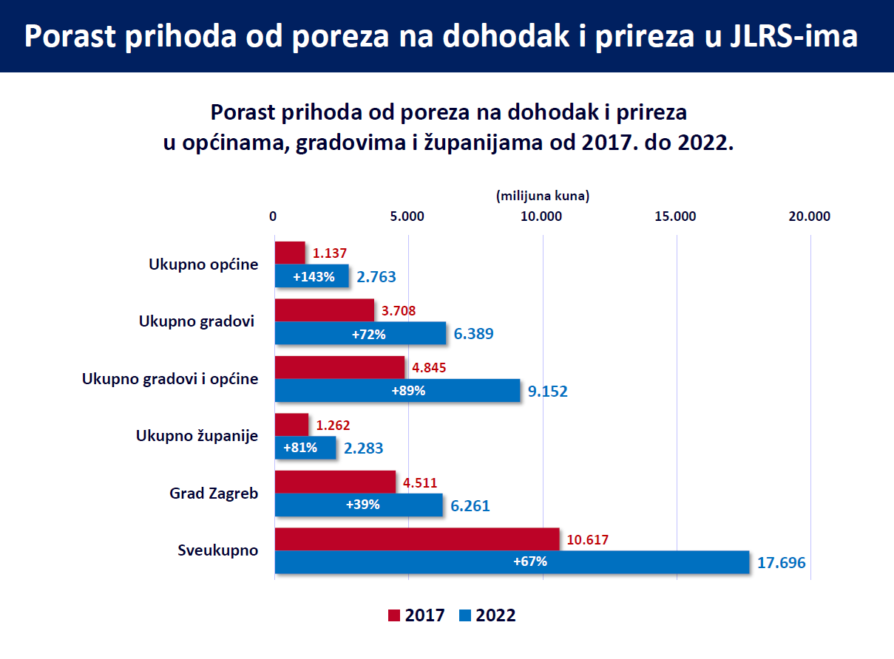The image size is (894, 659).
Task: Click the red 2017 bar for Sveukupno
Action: pos(416,539)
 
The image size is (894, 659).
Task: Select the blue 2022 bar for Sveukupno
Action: pos(511,562)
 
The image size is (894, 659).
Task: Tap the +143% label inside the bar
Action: pos(314,277)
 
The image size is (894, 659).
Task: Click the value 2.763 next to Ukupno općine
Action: pos(376,277)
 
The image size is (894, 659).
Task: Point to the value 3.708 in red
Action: pos(399,311)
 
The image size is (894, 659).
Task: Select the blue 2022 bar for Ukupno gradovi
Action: pos(360,334)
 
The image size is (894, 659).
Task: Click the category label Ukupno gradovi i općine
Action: pos(170,379)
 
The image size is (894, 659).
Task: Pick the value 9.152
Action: pos(548,392)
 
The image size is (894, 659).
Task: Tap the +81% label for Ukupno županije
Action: pos(299,448)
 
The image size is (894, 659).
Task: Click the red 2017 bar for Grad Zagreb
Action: pos(335,482)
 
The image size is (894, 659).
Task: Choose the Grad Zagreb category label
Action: pos(214,494)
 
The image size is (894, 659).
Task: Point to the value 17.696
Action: pos(782,563)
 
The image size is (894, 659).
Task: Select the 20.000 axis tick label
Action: pos(810,216)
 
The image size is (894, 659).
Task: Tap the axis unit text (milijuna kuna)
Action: pos(542,197)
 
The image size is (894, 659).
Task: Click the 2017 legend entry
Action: pos(416,615)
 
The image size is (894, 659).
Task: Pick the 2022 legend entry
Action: pos(487,615)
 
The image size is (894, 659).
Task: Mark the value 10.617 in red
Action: pos(588,540)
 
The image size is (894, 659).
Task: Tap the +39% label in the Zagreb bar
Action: pos(362,505)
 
